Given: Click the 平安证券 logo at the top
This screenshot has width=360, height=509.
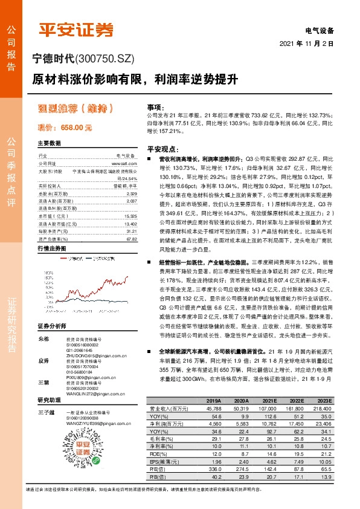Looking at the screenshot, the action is (x=76, y=30).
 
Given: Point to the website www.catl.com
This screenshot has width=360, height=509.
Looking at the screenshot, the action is (x=124, y=163).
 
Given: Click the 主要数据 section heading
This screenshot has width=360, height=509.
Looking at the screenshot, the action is (x=50, y=144).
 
